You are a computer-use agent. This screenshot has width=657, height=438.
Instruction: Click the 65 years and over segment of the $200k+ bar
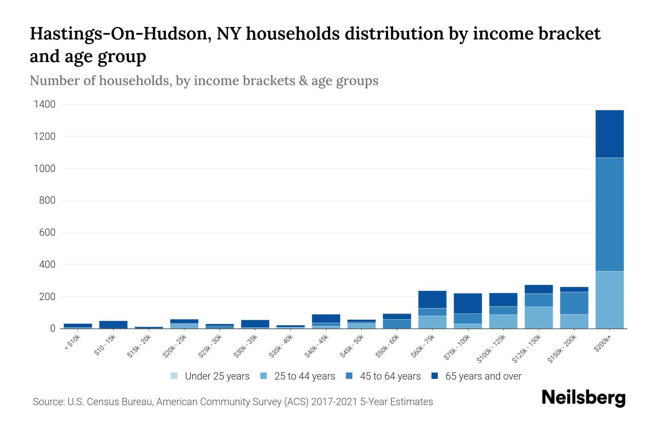[x=609, y=134]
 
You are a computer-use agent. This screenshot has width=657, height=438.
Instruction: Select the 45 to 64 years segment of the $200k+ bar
[x=609, y=214]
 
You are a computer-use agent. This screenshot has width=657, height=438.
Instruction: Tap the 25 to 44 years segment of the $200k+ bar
[x=609, y=300]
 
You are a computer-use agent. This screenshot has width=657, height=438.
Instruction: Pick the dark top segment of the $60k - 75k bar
[x=432, y=299]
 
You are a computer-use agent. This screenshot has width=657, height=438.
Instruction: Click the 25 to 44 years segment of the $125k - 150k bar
[x=538, y=318]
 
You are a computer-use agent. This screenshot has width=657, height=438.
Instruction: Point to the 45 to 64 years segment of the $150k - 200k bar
[x=574, y=303]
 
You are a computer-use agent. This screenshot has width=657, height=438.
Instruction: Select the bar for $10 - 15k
[x=113, y=324]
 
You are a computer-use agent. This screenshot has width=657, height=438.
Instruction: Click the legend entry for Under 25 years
[x=210, y=376]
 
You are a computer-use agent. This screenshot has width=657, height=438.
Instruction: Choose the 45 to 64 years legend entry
[x=383, y=376]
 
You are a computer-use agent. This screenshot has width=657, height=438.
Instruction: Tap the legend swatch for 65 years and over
[x=435, y=376]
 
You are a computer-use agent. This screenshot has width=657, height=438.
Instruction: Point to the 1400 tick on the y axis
[x=45, y=104]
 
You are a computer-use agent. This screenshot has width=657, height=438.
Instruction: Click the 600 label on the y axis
[x=47, y=233]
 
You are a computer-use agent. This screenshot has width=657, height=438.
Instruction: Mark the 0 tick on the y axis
[x=53, y=328]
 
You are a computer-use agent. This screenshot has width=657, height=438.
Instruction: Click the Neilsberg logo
[x=583, y=398]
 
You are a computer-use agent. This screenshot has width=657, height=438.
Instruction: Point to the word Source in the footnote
[x=48, y=402]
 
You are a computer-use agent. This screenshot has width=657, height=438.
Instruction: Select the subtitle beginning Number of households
[x=204, y=81]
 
